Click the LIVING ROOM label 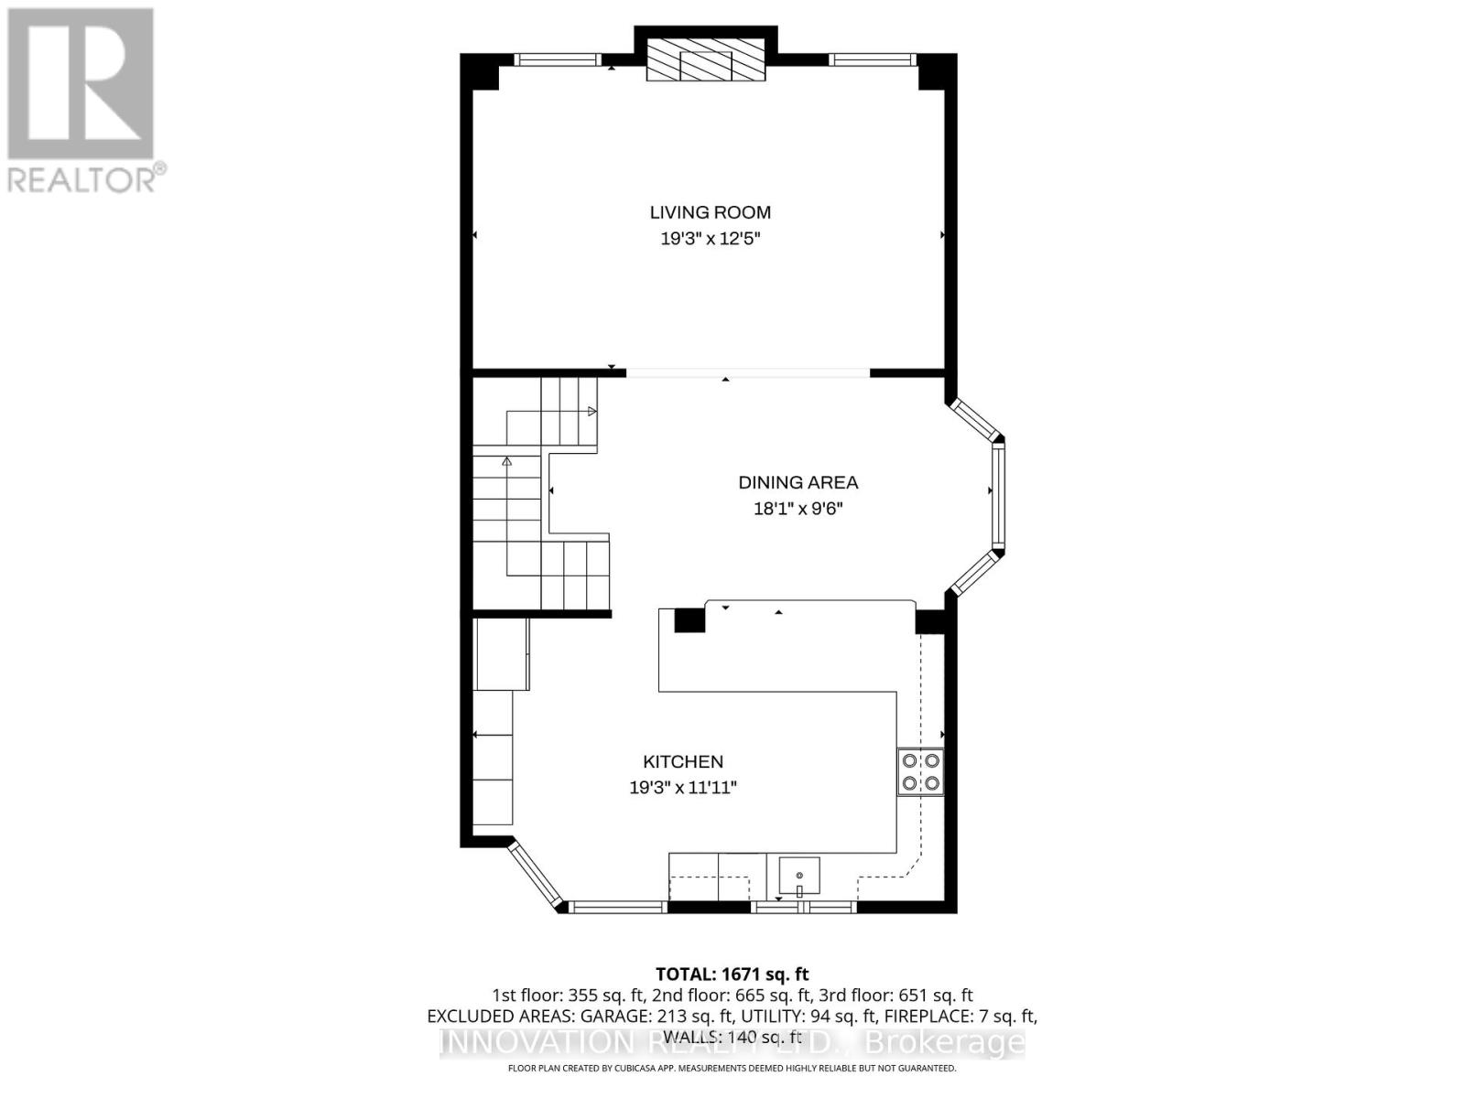(x=710, y=212)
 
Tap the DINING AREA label (x=798, y=482)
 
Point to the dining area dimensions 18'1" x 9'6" (x=798, y=509)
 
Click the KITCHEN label (x=682, y=761)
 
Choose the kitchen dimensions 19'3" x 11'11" (x=682, y=788)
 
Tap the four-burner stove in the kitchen (x=920, y=771)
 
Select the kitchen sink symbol (x=799, y=877)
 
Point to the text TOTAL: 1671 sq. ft (x=732, y=974)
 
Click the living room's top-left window (x=555, y=60)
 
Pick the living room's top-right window (x=873, y=60)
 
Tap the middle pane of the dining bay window (x=997, y=494)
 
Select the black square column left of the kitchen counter (x=689, y=619)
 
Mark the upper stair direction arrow (x=591, y=412)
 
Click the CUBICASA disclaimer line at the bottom (x=732, y=1069)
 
